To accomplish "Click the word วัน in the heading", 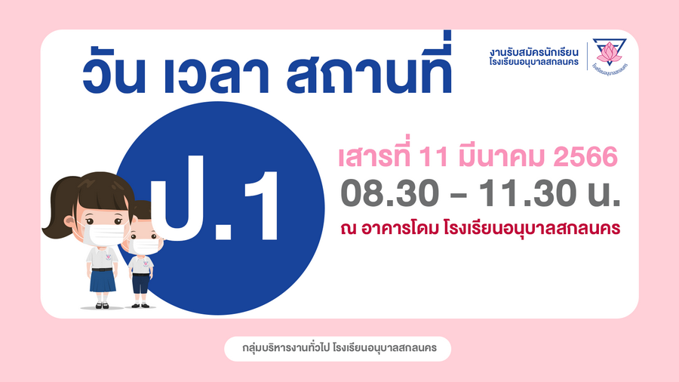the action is coord(114,73).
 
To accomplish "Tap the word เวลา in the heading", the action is coord(216,75).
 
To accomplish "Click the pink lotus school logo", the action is coord(610,54).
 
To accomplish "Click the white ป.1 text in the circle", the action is coord(214,204).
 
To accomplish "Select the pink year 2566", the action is coord(585,157).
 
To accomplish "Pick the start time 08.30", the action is coord(390,193).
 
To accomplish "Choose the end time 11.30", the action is coord(527,193).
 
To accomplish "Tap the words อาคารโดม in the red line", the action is coord(400,228).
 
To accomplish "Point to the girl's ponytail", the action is coord(60,207).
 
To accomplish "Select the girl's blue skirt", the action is coord(103,281).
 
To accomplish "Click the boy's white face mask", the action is coord(145,246).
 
